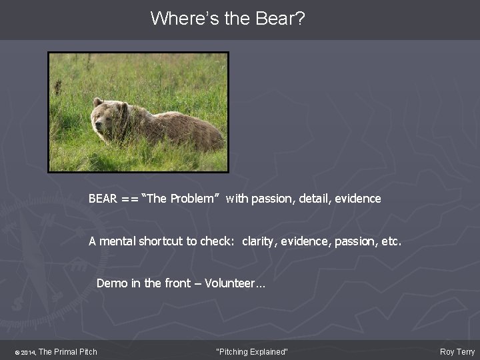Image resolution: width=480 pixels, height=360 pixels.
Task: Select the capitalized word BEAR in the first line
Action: click(x=103, y=199)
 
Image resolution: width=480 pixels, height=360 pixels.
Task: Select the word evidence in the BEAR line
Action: click(x=358, y=199)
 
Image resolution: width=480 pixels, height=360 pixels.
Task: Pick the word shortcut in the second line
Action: click(x=167, y=241)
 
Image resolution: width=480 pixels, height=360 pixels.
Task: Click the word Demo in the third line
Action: click(x=111, y=283)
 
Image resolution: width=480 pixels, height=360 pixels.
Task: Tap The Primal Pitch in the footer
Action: click(x=68, y=352)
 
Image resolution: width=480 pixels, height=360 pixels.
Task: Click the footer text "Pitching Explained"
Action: click(x=252, y=352)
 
